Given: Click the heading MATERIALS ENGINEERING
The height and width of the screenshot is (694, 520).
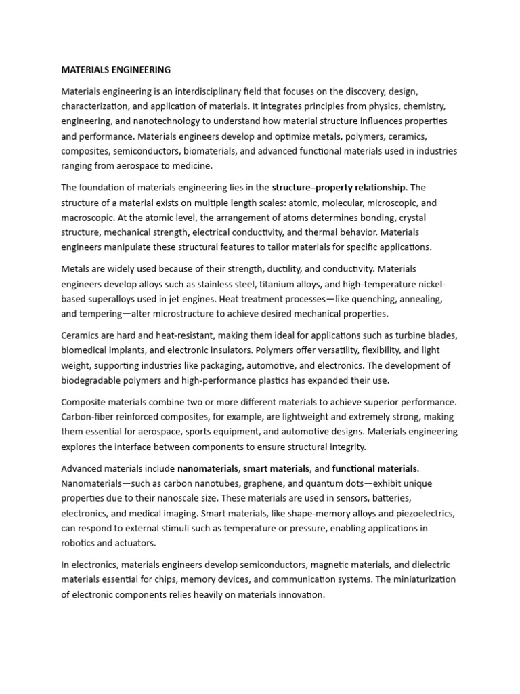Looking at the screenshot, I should click(x=116, y=70).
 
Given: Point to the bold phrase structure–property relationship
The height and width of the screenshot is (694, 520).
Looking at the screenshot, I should click(x=339, y=187).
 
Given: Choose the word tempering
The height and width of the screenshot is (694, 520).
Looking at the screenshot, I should click(x=100, y=313).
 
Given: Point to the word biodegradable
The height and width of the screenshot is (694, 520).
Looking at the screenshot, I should click(x=93, y=380).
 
